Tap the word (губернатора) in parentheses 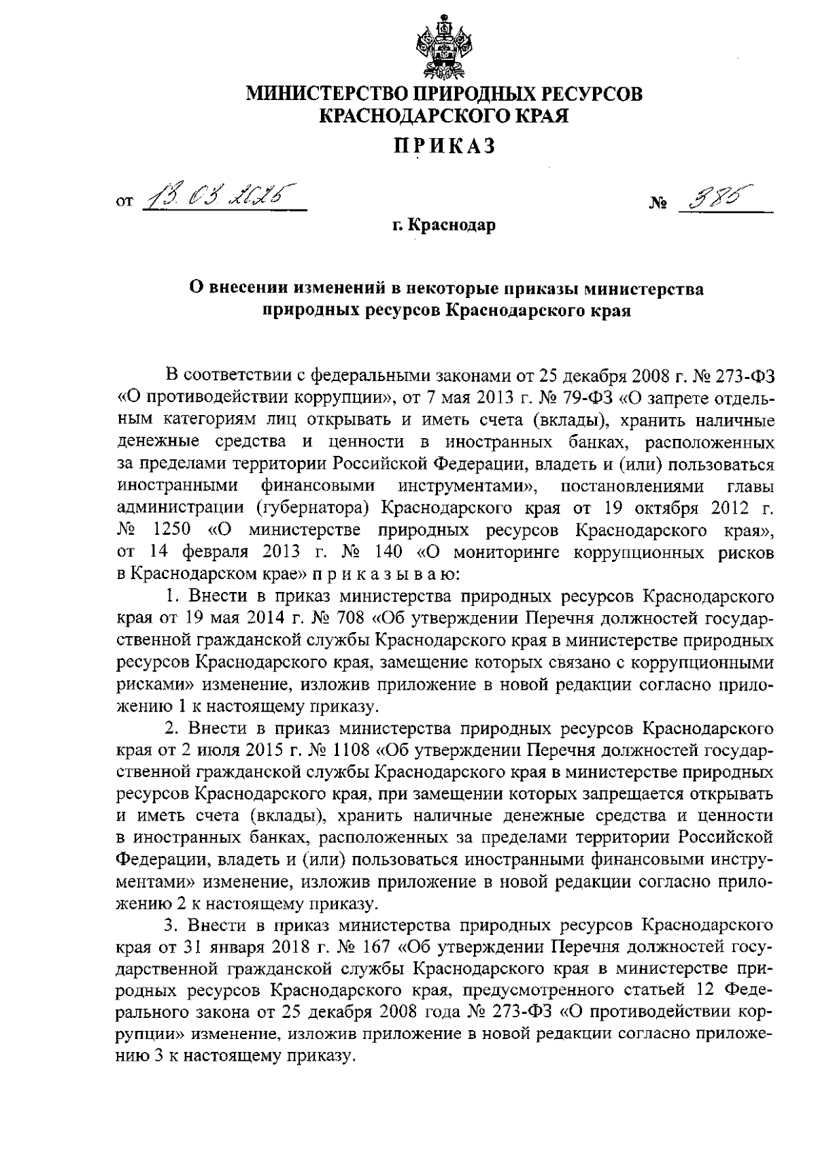313,508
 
